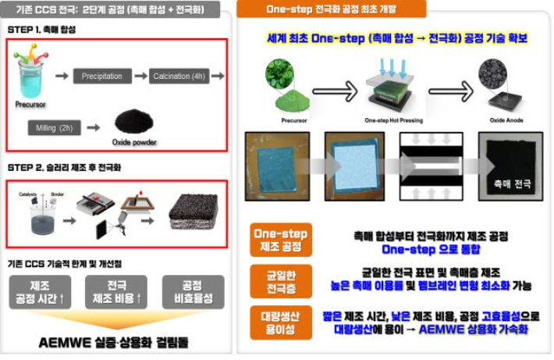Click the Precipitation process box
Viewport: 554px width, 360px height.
101,76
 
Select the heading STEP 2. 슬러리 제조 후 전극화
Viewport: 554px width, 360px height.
64,167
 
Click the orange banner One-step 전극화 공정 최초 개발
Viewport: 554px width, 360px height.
331,9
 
